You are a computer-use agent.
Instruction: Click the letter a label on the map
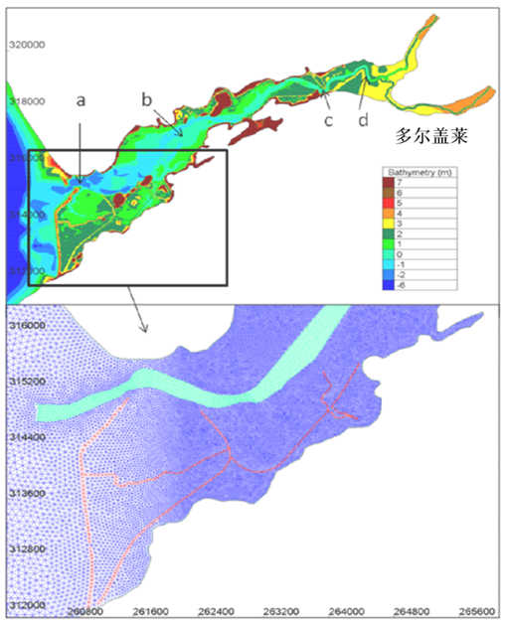pyautogui.click(x=81, y=100)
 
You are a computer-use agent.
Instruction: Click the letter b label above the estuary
pyautogui.click(x=146, y=99)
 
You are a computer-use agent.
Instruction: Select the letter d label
pyautogui.click(x=363, y=120)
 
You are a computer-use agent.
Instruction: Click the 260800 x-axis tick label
pyautogui.click(x=85, y=611)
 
